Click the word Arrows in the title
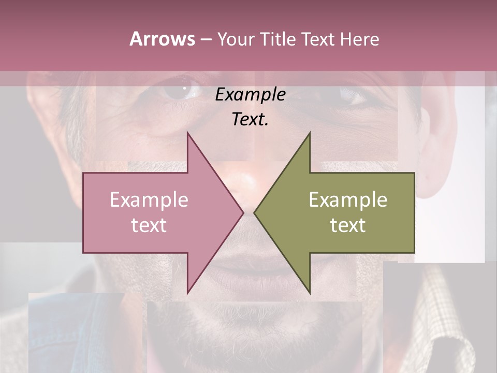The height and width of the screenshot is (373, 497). click(x=163, y=39)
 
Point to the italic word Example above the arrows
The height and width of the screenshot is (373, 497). click(x=250, y=94)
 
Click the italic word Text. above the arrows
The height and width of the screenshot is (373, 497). click(x=250, y=119)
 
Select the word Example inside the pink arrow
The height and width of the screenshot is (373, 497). click(x=149, y=199)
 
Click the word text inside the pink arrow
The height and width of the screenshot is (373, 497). click(x=149, y=225)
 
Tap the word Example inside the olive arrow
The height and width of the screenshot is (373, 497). click(x=348, y=199)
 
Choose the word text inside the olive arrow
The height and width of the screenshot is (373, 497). click(x=348, y=225)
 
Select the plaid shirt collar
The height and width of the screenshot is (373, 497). click(x=445, y=321)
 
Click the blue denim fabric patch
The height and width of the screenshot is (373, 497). click(x=78, y=332)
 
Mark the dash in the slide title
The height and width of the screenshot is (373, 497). click(x=206, y=39)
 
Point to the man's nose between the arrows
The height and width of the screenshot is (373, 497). click(x=248, y=181)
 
